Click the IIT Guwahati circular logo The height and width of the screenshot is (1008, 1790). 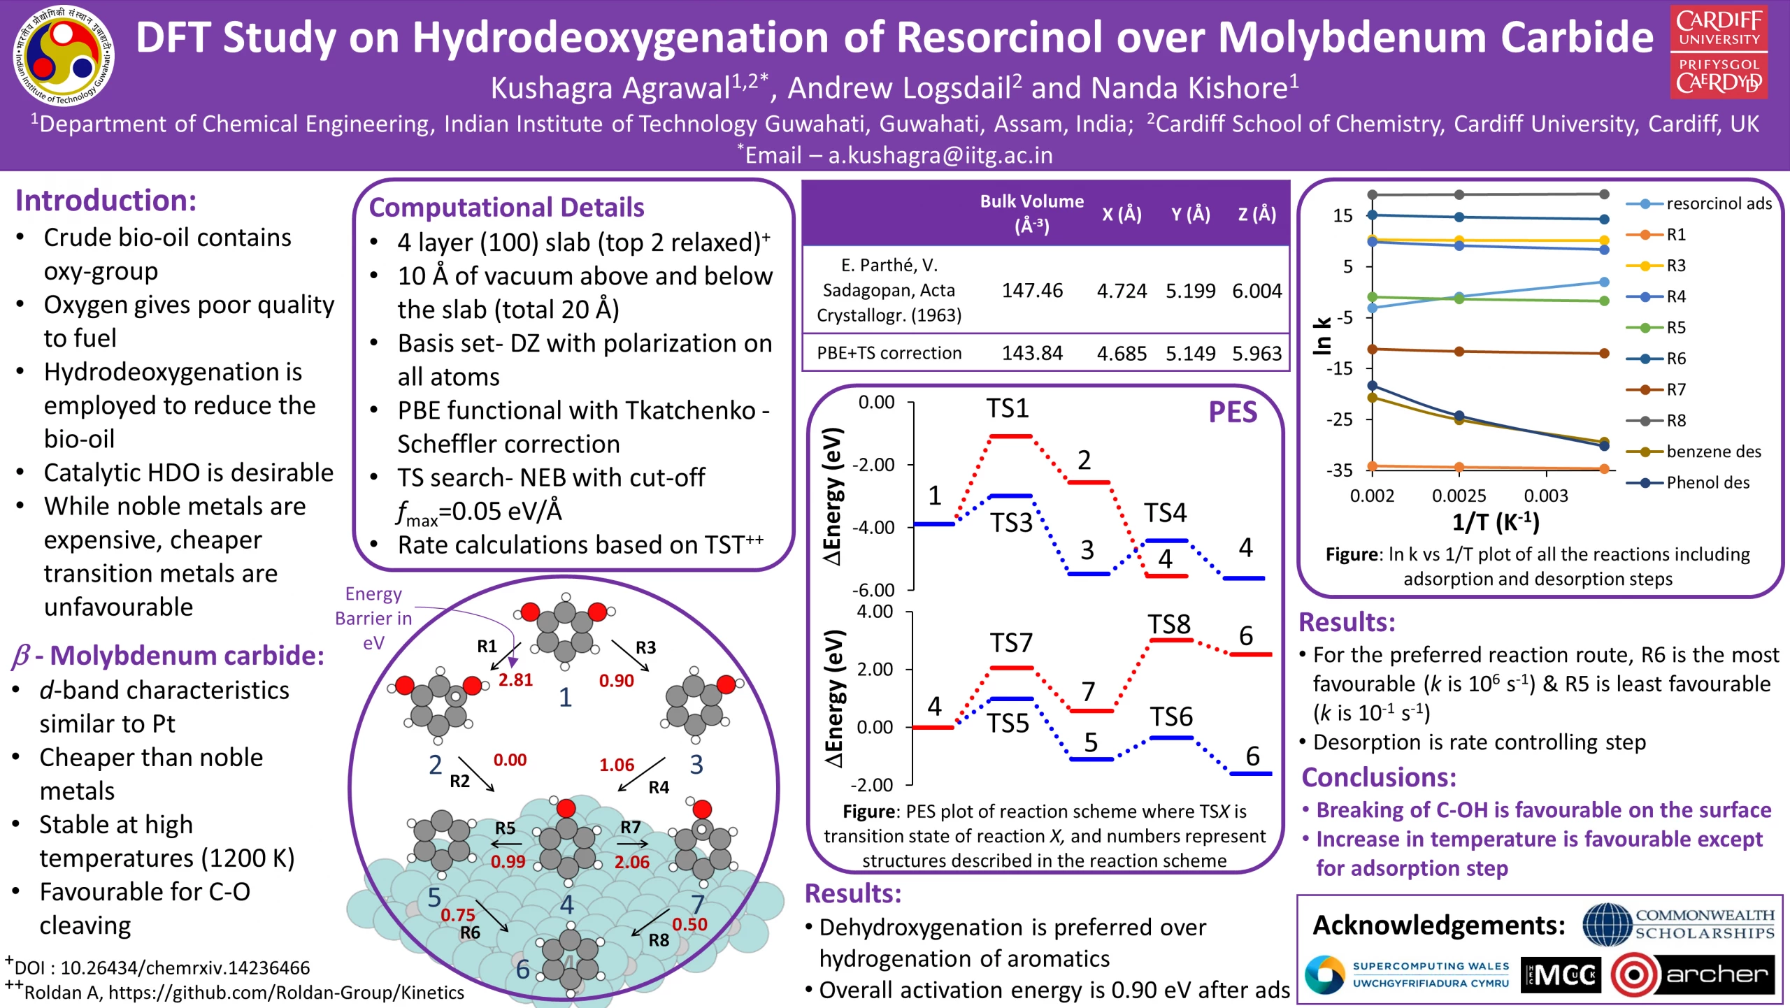coord(64,57)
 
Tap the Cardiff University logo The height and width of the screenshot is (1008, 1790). coord(1719,52)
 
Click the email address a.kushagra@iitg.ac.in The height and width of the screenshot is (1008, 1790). coord(940,154)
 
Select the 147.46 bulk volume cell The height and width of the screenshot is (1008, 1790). coord(1031,290)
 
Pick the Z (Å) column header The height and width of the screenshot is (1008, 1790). coord(1256,214)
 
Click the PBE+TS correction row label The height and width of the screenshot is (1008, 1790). coord(889,353)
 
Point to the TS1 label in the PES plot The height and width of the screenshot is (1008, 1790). coord(1007,408)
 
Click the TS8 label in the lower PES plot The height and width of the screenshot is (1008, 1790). coord(1168,624)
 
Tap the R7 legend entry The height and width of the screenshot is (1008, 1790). coord(1675,390)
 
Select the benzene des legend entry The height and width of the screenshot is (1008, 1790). coord(1712,452)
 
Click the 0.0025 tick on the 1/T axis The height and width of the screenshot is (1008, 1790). coord(1459,496)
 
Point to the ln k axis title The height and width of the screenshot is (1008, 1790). coord(1322,336)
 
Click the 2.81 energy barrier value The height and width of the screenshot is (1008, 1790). coord(515,679)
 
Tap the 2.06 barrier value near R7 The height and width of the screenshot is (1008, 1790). coord(631,862)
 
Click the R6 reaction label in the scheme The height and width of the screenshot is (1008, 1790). coord(470,933)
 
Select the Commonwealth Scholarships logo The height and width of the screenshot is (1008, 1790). coord(1678,924)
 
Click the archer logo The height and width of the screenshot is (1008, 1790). coord(1692,974)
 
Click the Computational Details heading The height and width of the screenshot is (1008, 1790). coord(506,208)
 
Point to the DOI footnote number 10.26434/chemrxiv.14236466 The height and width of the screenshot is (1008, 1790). coord(185,967)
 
